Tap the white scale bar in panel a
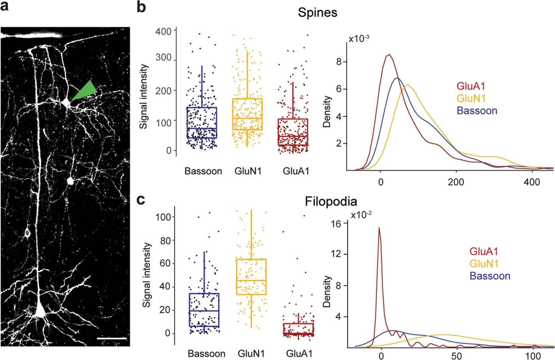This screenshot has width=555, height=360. click(112, 339)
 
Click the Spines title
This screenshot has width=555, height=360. click(317, 12)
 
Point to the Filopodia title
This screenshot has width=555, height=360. click(331, 202)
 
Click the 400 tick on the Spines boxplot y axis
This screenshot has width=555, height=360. click(163, 31)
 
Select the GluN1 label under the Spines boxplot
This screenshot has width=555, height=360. click(248, 171)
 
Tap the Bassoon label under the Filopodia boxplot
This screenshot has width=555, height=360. click(206, 354)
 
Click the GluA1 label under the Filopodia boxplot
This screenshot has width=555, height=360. click(299, 354)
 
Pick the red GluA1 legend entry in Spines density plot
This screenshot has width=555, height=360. click(471, 86)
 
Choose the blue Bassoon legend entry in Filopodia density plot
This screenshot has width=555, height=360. click(490, 276)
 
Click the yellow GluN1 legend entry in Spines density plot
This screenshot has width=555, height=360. click(471, 98)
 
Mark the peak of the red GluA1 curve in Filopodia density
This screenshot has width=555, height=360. click(379, 228)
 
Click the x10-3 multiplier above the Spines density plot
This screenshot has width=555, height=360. click(359, 39)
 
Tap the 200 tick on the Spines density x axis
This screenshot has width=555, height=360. click(456, 182)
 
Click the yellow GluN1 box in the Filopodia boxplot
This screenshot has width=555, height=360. click(251, 276)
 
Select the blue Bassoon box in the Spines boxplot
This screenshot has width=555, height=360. click(202, 123)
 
